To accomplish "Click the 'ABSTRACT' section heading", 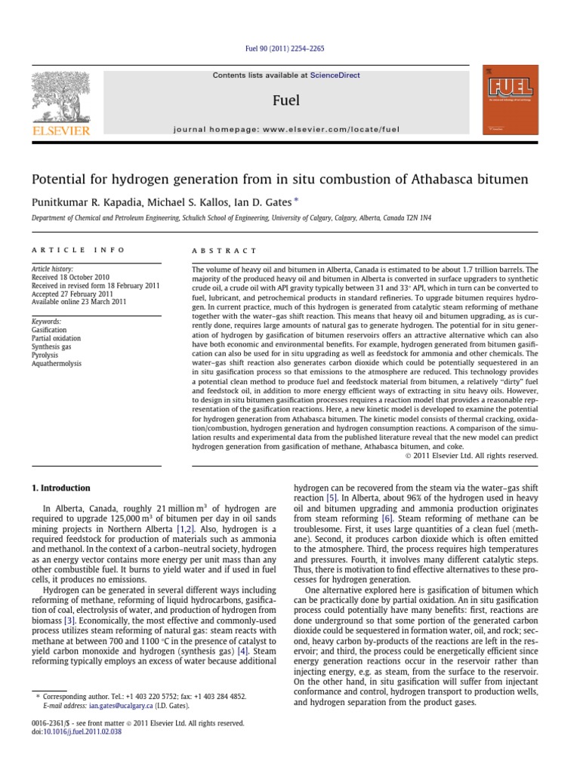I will (224, 250).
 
